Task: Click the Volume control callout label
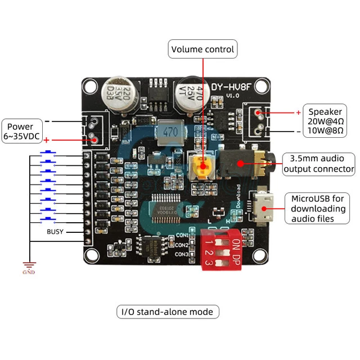pyautogui.click(x=202, y=49)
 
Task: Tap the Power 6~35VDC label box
pyautogui.click(x=21, y=131)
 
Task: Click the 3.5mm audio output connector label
pyautogui.click(x=318, y=163)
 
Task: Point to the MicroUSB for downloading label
pyautogui.click(x=318, y=209)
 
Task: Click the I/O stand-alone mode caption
pyautogui.click(x=168, y=311)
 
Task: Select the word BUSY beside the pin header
pyautogui.click(x=56, y=231)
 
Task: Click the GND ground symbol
pyautogui.click(x=28, y=266)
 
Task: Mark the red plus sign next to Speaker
pyautogui.click(x=298, y=112)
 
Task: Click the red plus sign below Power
pyautogui.click(x=47, y=139)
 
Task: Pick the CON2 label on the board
pyautogui.click(x=181, y=245)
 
